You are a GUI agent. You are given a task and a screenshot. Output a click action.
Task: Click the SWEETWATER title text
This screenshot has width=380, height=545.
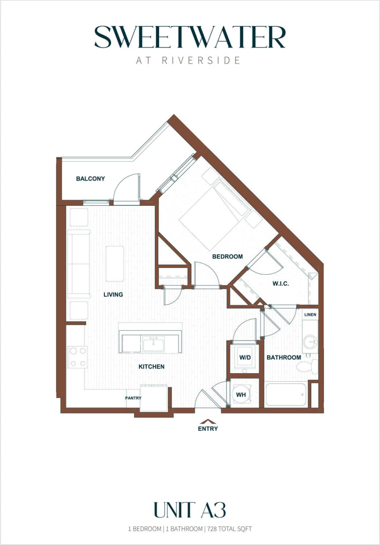pyautogui.click(x=190, y=37)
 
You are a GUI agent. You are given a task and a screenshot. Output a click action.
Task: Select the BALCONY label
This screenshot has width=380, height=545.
pyautogui.click(x=90, y=179)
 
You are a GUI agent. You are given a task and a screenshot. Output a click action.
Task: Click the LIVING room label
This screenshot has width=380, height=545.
pyautogui.click(x=113, y=295)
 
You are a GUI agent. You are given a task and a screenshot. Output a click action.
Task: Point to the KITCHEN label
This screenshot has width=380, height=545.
pyautogui.click(x=152, y=367)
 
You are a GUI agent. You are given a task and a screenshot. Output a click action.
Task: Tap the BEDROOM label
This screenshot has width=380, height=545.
pyautogui.click(x=227, y=257)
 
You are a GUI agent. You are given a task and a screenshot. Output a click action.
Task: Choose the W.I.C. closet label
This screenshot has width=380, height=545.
pyautogui.click(x=280, y=284)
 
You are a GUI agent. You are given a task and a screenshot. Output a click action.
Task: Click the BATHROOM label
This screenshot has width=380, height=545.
pyautogui.click(x=283, y=357)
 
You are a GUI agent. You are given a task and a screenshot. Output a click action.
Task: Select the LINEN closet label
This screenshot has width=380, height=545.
pyautogui.click(x=310, y=315)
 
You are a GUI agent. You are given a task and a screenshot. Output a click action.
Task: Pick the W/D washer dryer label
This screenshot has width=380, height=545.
pyautogui.click(x=245, y=357)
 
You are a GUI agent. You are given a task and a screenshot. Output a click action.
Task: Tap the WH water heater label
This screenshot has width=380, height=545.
pyautogui.click(x=241, y=395)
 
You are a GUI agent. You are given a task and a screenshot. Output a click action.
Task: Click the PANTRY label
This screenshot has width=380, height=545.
pyautogui.click(x=133, y=398)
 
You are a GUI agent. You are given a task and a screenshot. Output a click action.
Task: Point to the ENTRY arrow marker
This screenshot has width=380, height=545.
pyautogui.click(x=208, y=422)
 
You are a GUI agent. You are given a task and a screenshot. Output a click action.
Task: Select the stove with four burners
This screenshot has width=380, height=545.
pyautogui.click(x=78, y=357)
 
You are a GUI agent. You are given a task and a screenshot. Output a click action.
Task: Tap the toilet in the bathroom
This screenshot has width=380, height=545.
pyautogui.click(x=307, y=366)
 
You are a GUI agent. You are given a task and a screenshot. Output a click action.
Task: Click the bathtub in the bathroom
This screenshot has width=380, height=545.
pyautogui.click(x=286, y=394)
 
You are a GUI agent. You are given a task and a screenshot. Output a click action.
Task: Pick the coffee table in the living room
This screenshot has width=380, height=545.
pyautogui.click(x=115, y=264)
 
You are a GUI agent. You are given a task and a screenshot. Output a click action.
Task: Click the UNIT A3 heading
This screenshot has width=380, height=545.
pyautogui.click(x=190, y=510)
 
